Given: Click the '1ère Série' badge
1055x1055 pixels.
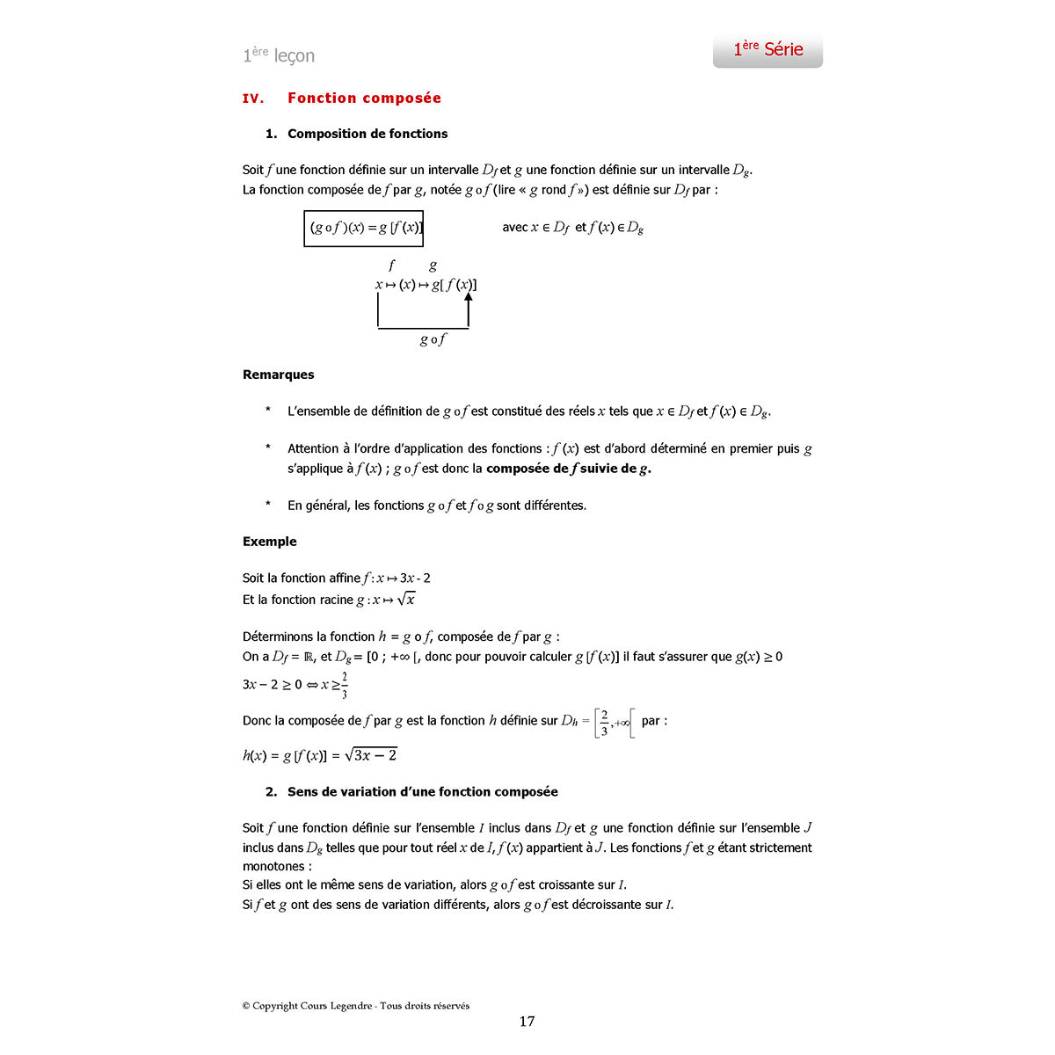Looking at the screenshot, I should coord(768,50).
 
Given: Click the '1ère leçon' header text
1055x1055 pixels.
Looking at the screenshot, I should coord(279,55).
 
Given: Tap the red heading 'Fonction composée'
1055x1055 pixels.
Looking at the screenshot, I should coord(364,98).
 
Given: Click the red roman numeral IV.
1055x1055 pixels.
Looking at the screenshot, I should coord(253,99).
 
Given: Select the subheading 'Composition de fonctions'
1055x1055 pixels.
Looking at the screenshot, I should coord(367,134).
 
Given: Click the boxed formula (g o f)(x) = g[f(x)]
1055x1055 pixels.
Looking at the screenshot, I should coord(364,229).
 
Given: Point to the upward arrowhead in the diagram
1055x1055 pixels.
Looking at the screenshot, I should coord(469,298).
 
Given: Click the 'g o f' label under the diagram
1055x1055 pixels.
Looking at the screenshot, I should coord(433,339).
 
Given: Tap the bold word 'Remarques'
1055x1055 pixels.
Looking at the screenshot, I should coord(278,375).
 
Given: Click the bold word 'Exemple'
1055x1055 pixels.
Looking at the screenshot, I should coord(270,542).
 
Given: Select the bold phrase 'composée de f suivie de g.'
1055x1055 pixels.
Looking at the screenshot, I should coord(568,469).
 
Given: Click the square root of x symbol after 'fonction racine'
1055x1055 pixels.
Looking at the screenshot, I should coord(406,600).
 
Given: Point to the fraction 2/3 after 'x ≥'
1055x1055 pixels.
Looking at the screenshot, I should coord(345,685).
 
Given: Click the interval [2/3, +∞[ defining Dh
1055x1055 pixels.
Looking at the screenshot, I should coord(614,722).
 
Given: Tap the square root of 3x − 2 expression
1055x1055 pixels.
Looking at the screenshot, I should coord(372,755).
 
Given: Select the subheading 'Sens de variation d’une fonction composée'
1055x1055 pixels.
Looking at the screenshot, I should coord(422,792).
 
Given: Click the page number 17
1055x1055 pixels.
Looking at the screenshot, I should coord(527,1022).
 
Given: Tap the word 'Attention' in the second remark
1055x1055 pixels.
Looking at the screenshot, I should coord(313,448).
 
